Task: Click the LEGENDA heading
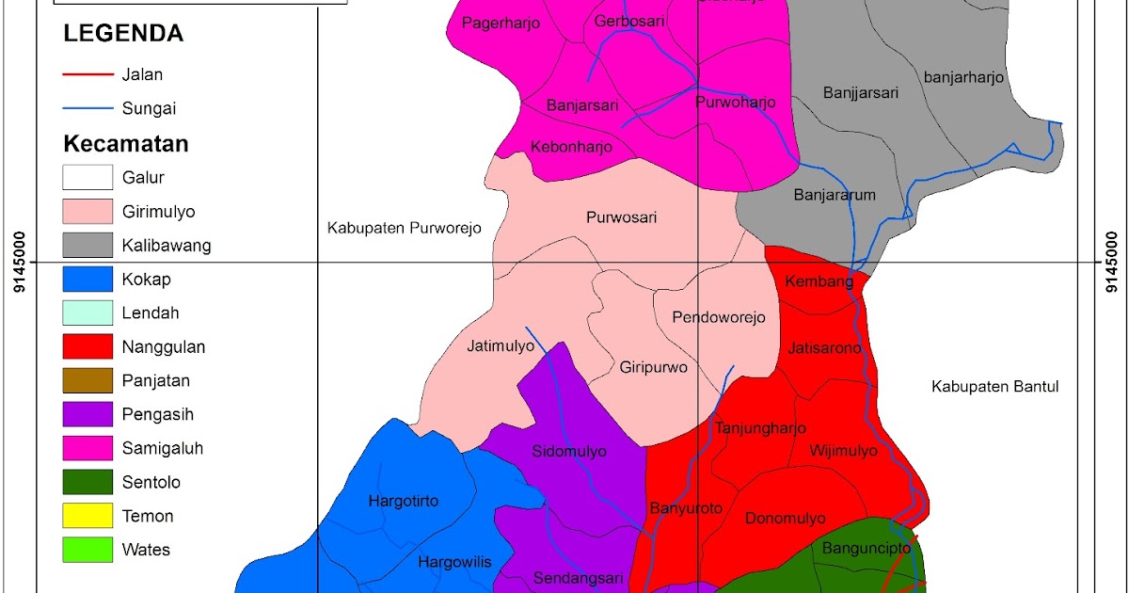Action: (x=122, y=34)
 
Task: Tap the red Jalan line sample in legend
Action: (x=87, y=74)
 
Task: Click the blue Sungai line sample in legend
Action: (x=87, y=109)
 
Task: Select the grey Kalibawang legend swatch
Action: (x=87, y=246)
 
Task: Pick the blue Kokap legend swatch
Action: (x=87, y=280)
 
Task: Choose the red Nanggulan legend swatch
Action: (x=87, y=347)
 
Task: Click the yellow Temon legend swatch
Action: (x=87, y=516)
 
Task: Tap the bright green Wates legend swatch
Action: (x=87, y=550)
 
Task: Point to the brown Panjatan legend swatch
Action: (x=87, y=381)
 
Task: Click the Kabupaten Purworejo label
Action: (x=404, y=228)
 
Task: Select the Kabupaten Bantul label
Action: (x=995, y=386)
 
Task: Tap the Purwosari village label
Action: (x=621, y=217)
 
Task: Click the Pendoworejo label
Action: (x=719, y=317)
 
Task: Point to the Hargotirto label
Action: (x=403, y=501)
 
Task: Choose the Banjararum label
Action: (x=835, y=196)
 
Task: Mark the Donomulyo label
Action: (x=785, y=519)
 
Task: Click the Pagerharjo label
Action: (x=501, y=24)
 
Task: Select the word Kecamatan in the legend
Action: (x=126, y=145)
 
